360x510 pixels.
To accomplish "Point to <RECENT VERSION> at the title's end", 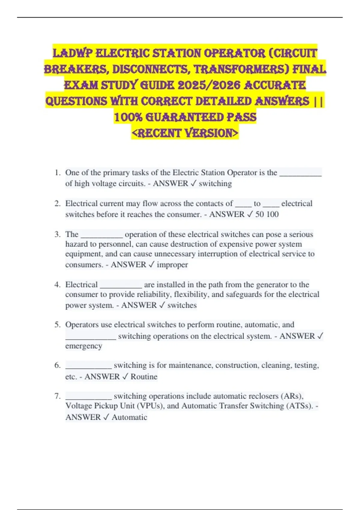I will click(x=185, y=133).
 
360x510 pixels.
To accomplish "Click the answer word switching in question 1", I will click(x=215, y=183).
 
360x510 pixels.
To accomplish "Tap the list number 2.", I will click(x=58, y=203).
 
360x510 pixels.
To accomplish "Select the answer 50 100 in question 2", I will click(x=267, y=214).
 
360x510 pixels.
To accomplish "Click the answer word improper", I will click(x=172, y=265).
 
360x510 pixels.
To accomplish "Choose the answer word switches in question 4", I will click(x=182, y=305).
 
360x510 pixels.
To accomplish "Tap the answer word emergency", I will click(x=84, y=346).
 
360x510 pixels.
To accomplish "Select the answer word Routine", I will click(x=144, y=376).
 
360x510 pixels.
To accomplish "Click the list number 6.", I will click(x=58, y=365).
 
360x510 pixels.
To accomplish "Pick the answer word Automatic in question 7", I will click(x=129, y=417).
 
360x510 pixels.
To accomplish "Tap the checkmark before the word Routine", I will click(x=125, y=376).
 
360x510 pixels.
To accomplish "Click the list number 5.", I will click(x=58, y=325).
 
